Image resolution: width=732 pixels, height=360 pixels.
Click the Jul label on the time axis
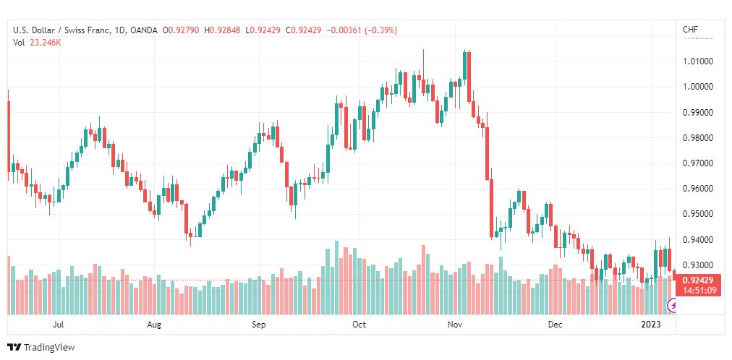[x=59, y=325]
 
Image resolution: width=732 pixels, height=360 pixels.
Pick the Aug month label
[x=154, y=325]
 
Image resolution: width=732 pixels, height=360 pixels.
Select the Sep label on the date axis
[x=260, y=325]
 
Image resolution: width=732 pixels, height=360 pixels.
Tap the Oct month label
[x=359, y=325]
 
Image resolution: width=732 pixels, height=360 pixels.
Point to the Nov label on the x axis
[x=455, y=325]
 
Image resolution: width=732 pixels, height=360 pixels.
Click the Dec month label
[x=555, y=325]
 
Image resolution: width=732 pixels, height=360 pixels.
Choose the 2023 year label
[x=651, y=325]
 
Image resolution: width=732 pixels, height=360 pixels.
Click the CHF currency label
[x=690, y=30]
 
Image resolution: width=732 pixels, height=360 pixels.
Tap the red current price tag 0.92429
[x=697, y=280]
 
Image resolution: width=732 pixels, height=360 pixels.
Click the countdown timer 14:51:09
[x=697, y=291]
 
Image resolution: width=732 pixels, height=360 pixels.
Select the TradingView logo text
[x=49, y=348]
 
